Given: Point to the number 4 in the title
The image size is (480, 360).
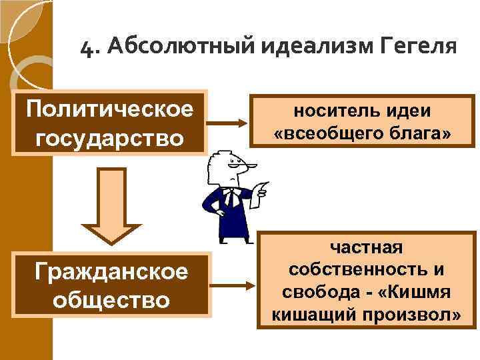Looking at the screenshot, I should coord(86,49).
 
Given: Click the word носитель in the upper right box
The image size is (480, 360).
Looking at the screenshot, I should coord(325,111).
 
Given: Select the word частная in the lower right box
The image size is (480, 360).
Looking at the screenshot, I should coord(366,249).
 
